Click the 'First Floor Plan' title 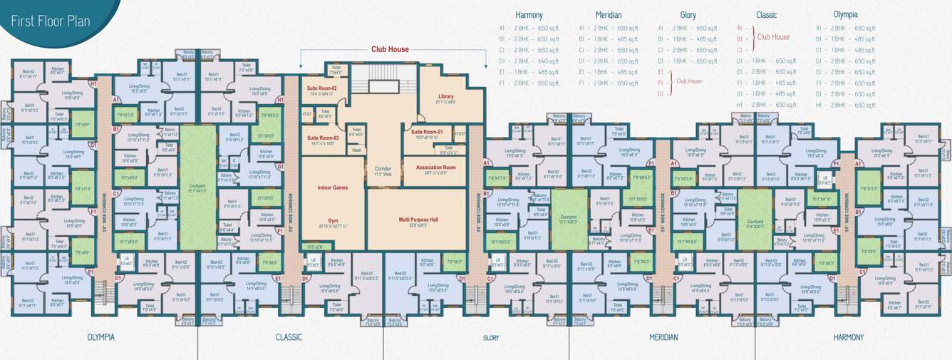(x=50, y=21)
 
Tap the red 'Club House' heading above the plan (x=390, y=50)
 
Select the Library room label (x=445, y=97)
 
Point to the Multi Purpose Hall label (x=418, y=220)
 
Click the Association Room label (x=435, y=168)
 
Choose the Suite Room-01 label (x=426, y=132)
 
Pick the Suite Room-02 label (x=321, y=88)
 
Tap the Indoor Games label (x=333, y=187)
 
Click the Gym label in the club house (x=333, y=221)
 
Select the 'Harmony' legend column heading (x=529, y=15)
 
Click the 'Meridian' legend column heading (x=609, y=15)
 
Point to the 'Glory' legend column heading (x=688, y=15)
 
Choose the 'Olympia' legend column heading (x=845, y=15)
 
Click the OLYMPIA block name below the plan (x=100, y=337)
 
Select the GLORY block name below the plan (x=491, y=338)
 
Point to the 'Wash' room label (x=356, y=150)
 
